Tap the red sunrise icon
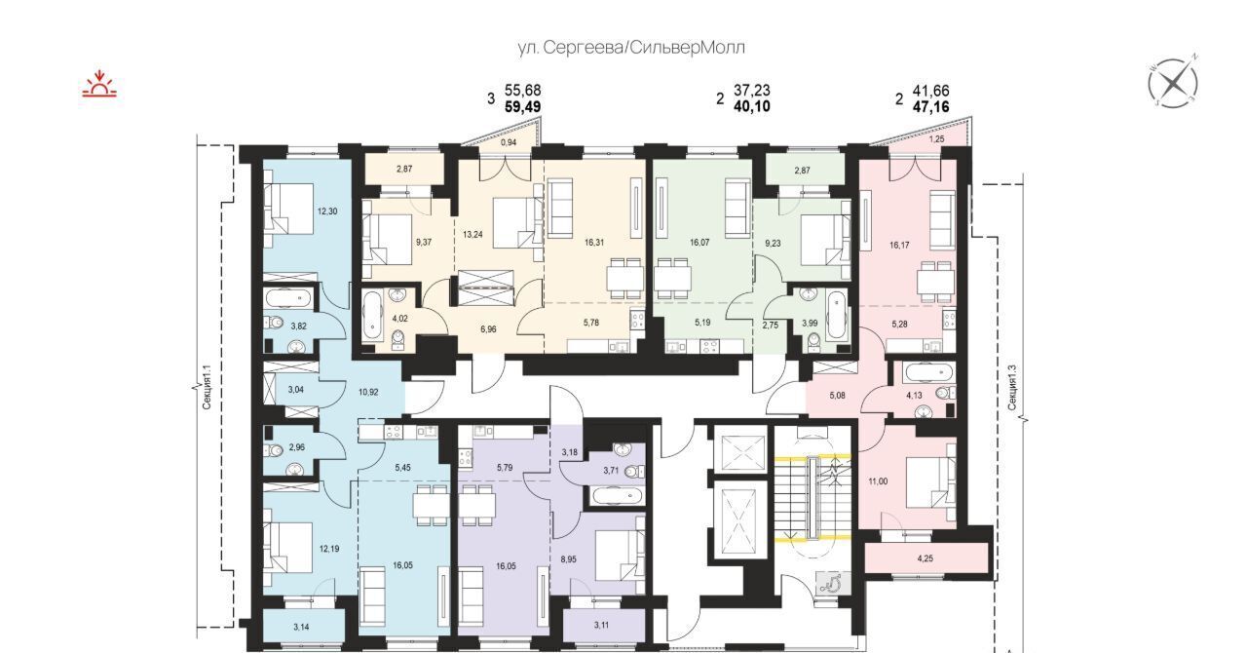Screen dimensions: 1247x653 tap(99, 84)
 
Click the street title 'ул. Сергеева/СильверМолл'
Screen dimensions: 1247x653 tap(631, 48)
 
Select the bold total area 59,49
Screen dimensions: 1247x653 tap(523, 106)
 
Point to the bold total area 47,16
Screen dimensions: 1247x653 tap(930, 106)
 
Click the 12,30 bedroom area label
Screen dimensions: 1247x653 tap(327, 211)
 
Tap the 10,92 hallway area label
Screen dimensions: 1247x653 tap(368, 392)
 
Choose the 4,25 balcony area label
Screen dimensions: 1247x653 tap(925, 558)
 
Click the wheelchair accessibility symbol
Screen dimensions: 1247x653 tap(833, 582)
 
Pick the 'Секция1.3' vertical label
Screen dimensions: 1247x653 tap(1012, 387)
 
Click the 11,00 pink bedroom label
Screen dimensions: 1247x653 tap(878, 481)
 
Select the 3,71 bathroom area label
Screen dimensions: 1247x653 tap(611, 471)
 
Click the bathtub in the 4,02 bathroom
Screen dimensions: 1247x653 tap(372, 317)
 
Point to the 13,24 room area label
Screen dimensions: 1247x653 tap(472, 235)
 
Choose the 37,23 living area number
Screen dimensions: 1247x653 tap(752, 91)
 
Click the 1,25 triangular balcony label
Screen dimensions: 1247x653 tap(937, 139)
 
